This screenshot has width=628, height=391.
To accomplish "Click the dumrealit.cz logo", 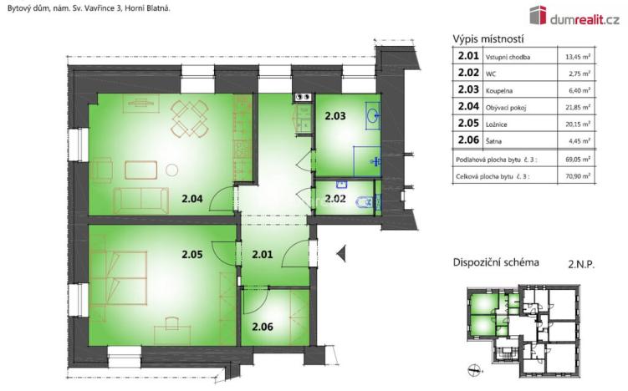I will [x=574, y=14].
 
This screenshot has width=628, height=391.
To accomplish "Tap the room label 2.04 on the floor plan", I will [x=193, y=198].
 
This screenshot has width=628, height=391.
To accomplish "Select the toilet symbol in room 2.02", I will [x=365, y=202].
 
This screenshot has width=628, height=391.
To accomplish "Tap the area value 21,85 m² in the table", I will [x=576, y=107].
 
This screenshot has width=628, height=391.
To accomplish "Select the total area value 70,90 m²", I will [x=576, y=175].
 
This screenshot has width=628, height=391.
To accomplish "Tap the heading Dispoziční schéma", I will [x=495, y=262].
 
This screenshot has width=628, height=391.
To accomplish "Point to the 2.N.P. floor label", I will [x=581, y=262].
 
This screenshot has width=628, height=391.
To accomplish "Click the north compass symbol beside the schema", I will [x=475, y=368].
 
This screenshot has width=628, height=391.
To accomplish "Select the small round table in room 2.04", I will [x=171, y=170].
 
